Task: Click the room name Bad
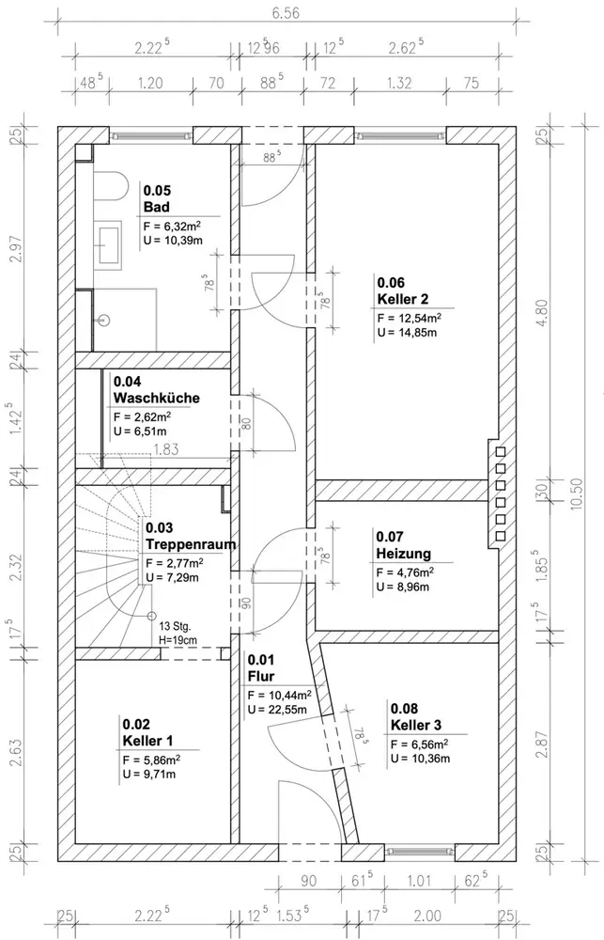(x=156, y=208)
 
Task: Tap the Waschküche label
(x=156, y=398)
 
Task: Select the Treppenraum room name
(x=191, y=544)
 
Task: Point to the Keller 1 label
(x=148, y=741)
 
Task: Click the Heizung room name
(x=403, y=554)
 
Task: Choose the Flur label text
(x=260, y=677)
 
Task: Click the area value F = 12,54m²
(x=410, y=318)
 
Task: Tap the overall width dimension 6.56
(x=286, y=13)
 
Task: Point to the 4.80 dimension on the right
(x=542, y=312)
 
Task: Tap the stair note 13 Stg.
(x=175, y=627)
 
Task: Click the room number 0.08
(x=405, y=709)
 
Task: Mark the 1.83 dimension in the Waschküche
(x=166, y=449)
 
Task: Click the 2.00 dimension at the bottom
(x=427, y=916)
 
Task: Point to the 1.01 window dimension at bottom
(x=419, y=881)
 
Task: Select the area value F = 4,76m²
(x=405, y=572)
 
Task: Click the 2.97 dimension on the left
(x=16, y=248)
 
